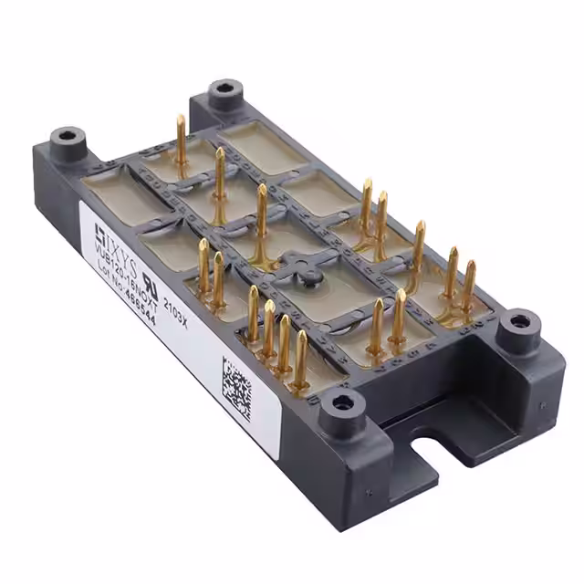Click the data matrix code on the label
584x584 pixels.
(235, 384)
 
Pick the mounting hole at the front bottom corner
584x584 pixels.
(345, 402)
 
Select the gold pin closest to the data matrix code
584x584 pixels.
(300, 358)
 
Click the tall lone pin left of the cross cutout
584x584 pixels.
(261, 214)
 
